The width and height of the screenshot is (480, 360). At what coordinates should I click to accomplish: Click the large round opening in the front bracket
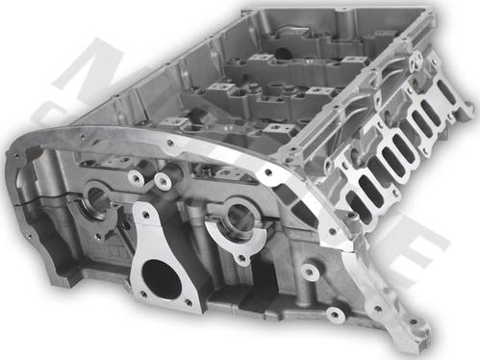(162, 280)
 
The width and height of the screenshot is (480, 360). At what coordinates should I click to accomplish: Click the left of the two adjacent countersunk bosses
(137, 178)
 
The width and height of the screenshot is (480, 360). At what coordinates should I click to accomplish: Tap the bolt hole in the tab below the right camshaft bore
(241, 258)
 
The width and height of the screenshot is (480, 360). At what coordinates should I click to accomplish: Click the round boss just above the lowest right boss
(310, 272)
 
